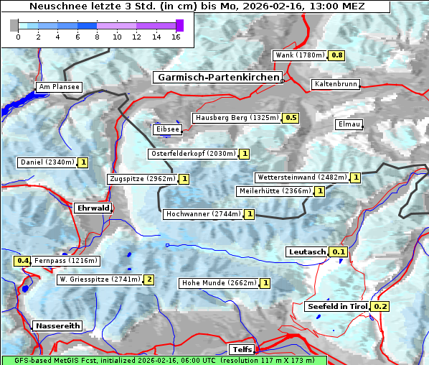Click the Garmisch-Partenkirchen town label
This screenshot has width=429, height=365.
pyautogui.click(x=217, y=77)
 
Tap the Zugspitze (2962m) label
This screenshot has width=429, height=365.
pyautogui.click(x=141, y=179)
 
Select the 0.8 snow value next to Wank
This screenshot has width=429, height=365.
pyautogui.click(x=336, y=55)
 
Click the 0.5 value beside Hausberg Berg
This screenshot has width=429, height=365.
pyautogui.click(x=291, y=118)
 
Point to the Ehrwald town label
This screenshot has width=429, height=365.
pyautogui.click(x=93, y=208)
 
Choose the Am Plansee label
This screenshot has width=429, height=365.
pyautogui.click(x=59, y=87)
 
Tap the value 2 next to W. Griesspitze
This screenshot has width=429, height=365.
pyautogui.click(x=149, y=279)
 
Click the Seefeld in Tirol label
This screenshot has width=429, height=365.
pyautogui.click(x=337, y=306)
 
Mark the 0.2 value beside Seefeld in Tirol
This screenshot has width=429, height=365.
pyautogui.click(x=380, y=307)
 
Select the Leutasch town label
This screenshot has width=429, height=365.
pyautogui.click(x=306, y=251)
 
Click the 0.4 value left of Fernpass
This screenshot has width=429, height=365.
pyautogui.click(x=23, y=261)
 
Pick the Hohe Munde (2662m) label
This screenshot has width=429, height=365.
pyautogui.click(x=219, y=283)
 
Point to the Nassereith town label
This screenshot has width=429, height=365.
pyautogui.click(x=57, y=325)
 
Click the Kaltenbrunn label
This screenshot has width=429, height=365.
pyautogui.click(x=335, y=84)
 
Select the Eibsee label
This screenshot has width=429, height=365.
pyautogui.click(x=167, y=129)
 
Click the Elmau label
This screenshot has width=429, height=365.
pyautogui.click(x=349, y=124)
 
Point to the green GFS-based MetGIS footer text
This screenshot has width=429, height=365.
pyautogui.click(x=164, y=360)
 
